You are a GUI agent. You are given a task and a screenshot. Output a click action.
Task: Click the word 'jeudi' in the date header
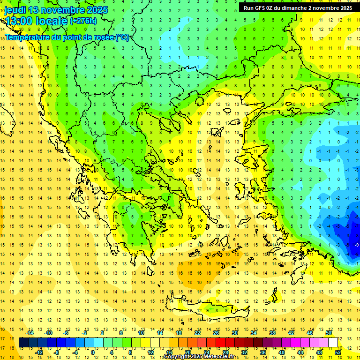tap(15, 10)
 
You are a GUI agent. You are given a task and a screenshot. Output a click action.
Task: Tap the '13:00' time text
tap(18, 21)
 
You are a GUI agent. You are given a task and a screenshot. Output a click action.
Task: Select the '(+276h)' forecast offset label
tap(83, 21)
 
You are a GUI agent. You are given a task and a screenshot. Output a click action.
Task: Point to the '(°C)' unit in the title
tap(122, 37)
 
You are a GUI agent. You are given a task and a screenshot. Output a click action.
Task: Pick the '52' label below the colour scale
tap(338, 352)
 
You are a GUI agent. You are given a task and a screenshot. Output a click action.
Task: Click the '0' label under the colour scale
tap(92, 352)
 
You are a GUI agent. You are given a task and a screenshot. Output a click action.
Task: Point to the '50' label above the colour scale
tap(329, 333)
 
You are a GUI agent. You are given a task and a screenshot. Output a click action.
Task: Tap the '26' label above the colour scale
tap(216, 333)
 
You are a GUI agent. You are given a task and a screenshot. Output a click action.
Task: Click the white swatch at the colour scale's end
tap(333, 343)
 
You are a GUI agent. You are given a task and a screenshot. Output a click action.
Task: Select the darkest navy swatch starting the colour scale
tap(23, 343)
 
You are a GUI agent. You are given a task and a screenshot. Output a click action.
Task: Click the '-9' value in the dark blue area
tap(357, 245)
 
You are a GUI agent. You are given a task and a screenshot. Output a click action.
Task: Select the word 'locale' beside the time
tap(51, 21)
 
